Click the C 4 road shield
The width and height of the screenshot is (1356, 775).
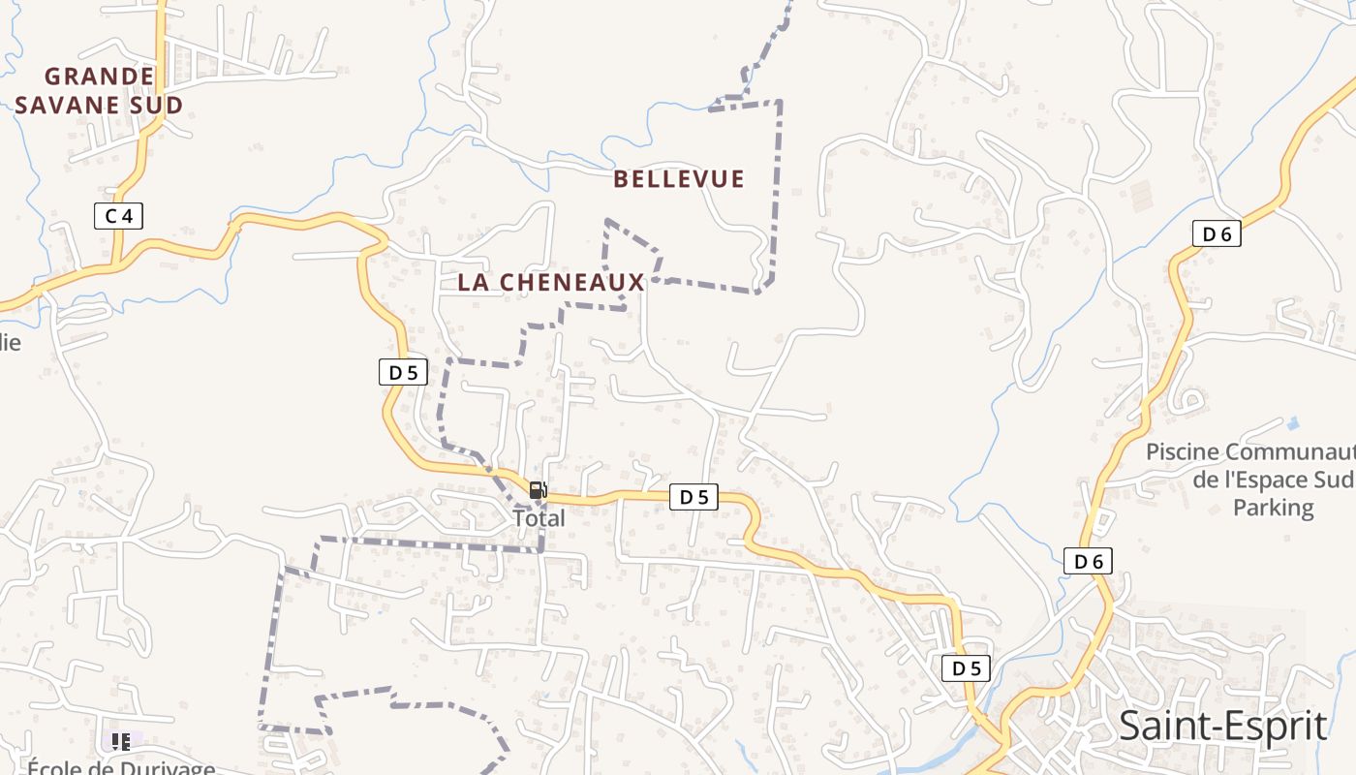118,216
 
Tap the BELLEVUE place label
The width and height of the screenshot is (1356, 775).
679,179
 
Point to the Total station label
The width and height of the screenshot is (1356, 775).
539,518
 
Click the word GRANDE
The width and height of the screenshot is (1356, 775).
100,76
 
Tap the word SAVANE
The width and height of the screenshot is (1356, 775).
71,105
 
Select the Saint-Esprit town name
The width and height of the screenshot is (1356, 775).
1222,726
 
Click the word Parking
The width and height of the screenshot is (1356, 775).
1273,508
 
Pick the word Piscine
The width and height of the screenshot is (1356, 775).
1182,452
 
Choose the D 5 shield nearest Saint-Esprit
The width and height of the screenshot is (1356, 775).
966,668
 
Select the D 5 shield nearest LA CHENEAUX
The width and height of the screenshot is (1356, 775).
403,372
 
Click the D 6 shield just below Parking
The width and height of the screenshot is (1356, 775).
1088,561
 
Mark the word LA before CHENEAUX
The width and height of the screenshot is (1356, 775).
474,283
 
